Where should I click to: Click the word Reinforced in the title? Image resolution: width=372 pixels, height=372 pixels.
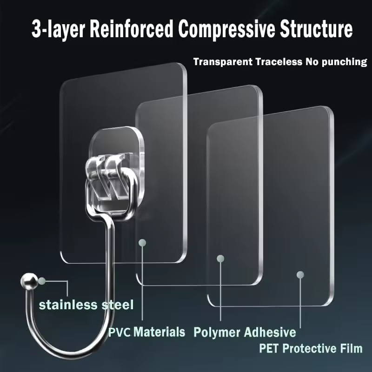click(x=132, y=29)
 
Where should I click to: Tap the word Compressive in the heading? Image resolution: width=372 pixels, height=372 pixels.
click(x=226, y=29)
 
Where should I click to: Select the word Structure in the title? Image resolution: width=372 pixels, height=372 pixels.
click(x=316, y=29)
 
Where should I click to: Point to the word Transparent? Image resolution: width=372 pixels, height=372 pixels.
click(x=223, y=62)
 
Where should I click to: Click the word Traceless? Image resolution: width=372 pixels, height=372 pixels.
click(x=279, y=62)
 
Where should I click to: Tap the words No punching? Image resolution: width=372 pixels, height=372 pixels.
click(x=336, y=62)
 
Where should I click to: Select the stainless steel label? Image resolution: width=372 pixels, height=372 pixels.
click(x=86, y=305)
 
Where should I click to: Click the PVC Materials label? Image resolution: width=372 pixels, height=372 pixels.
click(x=146, y=332)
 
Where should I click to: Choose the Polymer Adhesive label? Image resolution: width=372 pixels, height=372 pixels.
click(x=245, y=332)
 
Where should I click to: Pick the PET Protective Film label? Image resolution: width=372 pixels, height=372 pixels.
click(x=311, y=348)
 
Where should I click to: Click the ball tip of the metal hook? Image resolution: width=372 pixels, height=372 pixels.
click(x=29, y=281)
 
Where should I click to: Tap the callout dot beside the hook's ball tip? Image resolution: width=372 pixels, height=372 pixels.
click(x=42, y=281)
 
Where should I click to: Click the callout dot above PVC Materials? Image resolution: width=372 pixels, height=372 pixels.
click(x=142, y=242)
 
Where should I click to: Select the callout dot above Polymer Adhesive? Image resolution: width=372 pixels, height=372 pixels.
click(x=220, y=259)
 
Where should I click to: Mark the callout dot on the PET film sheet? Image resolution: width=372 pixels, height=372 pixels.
click(x=300, y=275)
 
